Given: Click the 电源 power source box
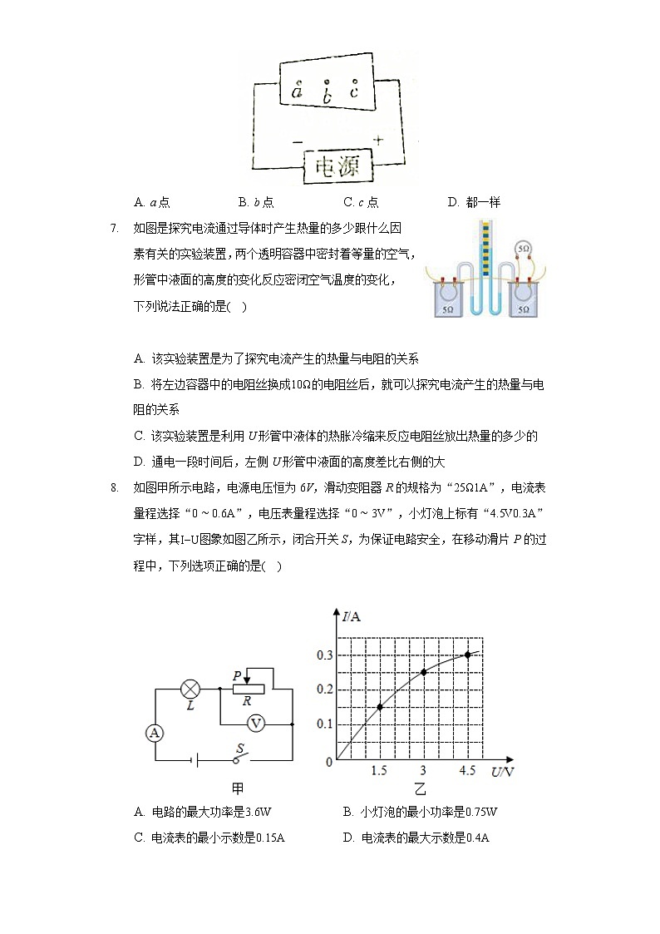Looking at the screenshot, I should pos(337,168).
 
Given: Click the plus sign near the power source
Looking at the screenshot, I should pos(377,141).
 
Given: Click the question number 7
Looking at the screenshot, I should pos(115,228).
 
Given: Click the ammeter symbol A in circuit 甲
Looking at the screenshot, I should pos(154,733).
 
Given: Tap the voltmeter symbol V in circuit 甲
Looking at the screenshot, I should pos(256,724).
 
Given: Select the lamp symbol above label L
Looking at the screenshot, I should pos(190,689).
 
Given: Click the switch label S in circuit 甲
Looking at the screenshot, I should pos(239,748).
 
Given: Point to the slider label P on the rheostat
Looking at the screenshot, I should pos(237,676).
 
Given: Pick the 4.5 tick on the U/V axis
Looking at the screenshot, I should pos(467,771).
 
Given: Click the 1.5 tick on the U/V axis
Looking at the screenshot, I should pos(379,771).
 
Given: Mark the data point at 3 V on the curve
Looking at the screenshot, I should pos(423,672).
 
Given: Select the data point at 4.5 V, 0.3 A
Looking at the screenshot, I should pos(467,655).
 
